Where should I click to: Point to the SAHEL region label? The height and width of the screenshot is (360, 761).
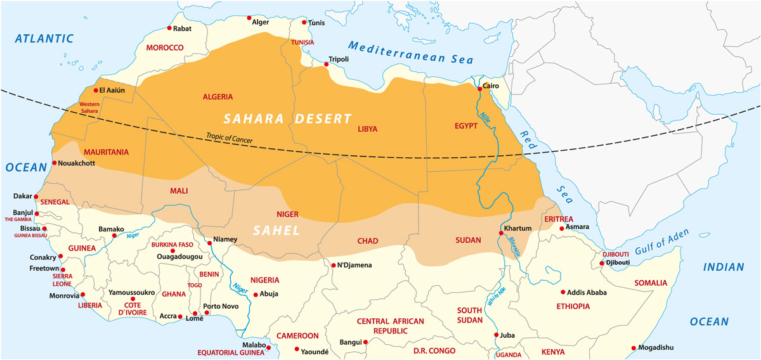pyautogui.click(x=276, y=231)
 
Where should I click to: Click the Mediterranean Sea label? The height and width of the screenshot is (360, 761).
pyautogui.click(x=411, y=53)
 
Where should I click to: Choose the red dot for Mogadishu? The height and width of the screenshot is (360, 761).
pyautogui.click(x=634, y=347)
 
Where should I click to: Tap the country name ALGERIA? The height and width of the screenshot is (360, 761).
pyautogui.click(x=218, y=97)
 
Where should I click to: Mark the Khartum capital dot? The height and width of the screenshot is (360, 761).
pyautogui.click(x=501, y=233)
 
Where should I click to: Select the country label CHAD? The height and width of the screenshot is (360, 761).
pyautogui.click(x=368, y=241)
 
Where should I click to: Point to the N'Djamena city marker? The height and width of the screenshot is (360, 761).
pyautogui.click(x=333, y=265)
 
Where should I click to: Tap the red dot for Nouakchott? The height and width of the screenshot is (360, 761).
pyautogui.click(x=55, y=163)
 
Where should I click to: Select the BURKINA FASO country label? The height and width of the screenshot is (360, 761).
pyautogui.click(x=172, y=245)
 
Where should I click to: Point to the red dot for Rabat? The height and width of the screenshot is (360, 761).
pyautogui.click(x=169, y=28)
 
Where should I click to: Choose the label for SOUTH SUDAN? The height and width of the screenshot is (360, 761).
pyautogui.click(x=470, y=315)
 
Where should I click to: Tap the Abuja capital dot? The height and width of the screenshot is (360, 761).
pyautogui.click(x=256, y=294)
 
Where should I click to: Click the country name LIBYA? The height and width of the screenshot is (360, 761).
pyautogui.click(x=368, y=129)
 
